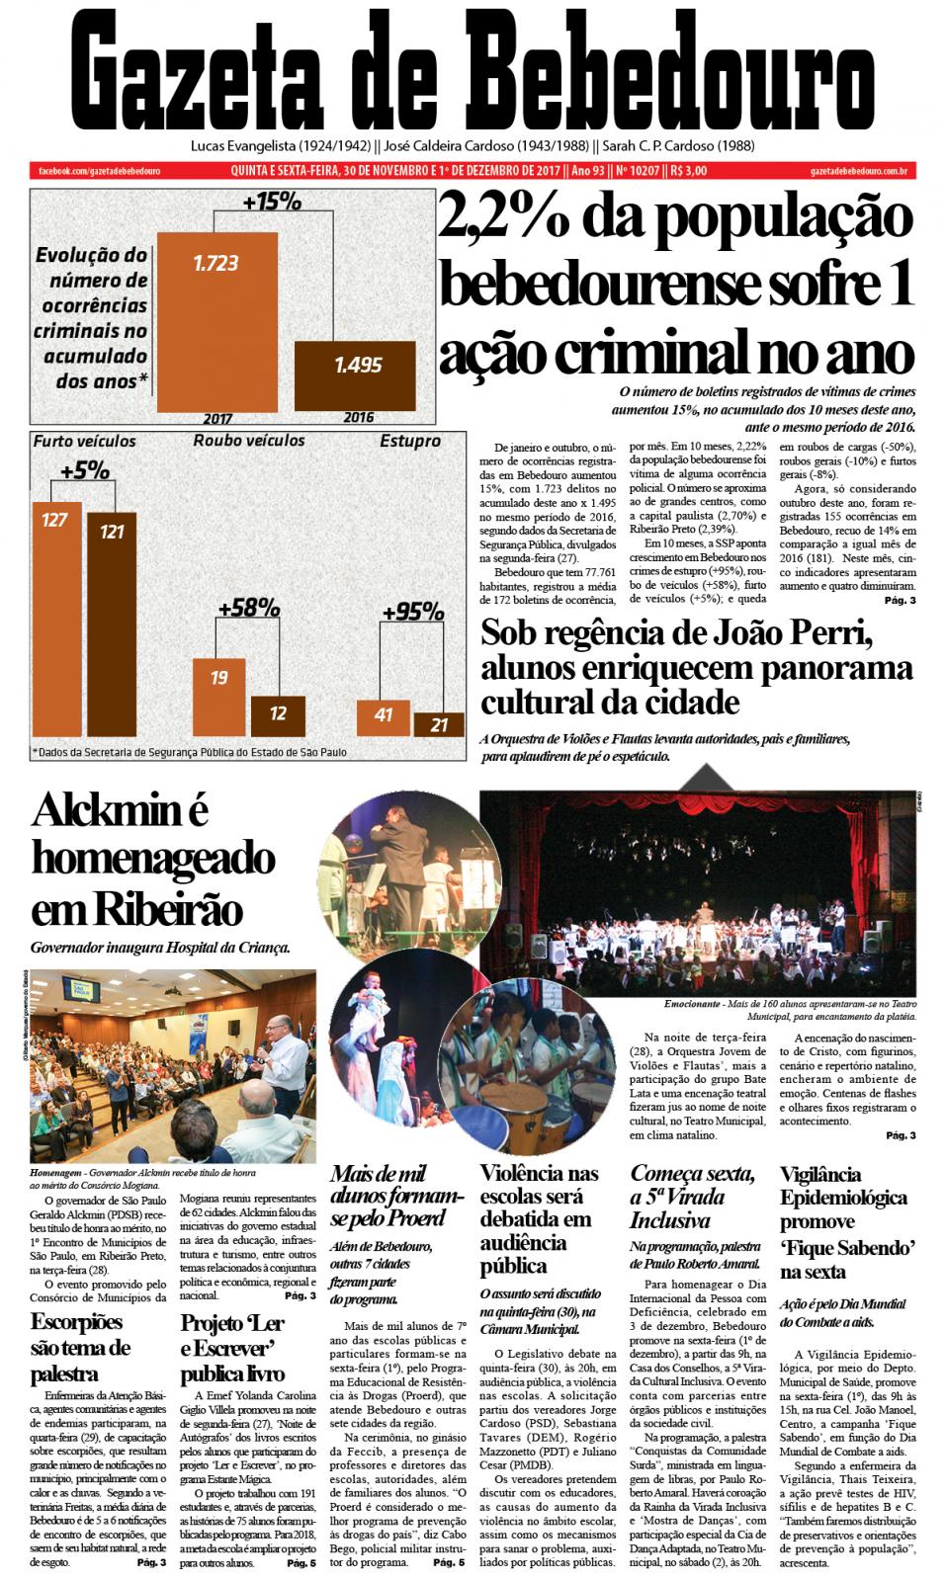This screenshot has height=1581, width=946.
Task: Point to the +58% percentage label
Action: pos(248,608)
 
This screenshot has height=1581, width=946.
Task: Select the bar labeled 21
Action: pos(438,724)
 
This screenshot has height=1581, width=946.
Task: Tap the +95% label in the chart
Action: pos(412,612)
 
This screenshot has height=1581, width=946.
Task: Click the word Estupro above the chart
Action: pos(410,441)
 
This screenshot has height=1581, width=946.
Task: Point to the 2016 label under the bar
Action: pos(359,417)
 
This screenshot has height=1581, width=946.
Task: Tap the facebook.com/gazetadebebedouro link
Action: pos(99,171)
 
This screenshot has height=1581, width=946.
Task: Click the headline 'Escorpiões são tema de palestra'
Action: pos(80,1347)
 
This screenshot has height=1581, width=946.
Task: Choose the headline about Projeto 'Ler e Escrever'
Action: pos(233,1348)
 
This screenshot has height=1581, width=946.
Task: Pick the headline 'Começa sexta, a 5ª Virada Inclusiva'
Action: pos(692,1197)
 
